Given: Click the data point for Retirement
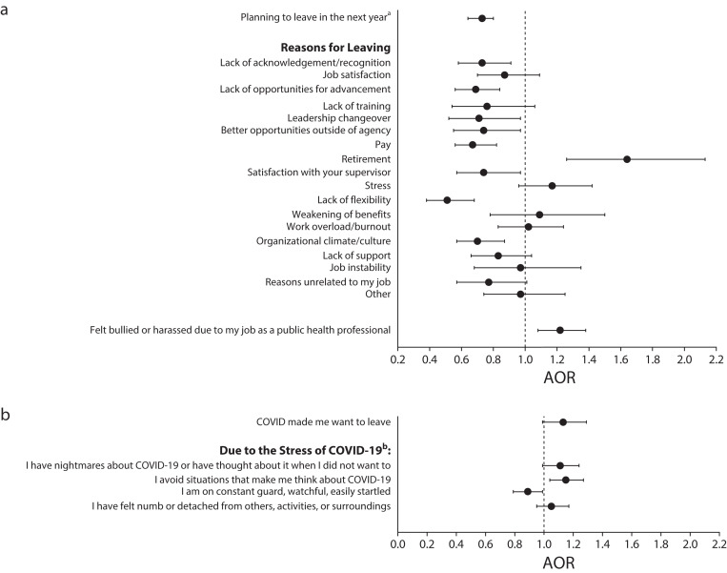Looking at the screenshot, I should coord(627,159).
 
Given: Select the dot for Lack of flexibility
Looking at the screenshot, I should coord(447,200).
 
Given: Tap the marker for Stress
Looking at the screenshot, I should coord(552,186).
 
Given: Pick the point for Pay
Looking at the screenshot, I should coord(473,145).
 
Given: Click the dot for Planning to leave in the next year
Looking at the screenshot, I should coord(482,18).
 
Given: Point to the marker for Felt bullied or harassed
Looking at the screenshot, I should coord(559,330).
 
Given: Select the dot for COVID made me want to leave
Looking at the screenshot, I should coord(563,422).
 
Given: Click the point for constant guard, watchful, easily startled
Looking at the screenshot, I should coord(528,492).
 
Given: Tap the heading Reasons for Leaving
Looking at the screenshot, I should coord(335,47).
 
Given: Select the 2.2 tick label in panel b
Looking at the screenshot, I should coord(717,545).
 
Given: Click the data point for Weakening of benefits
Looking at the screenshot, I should coord(539,215).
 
